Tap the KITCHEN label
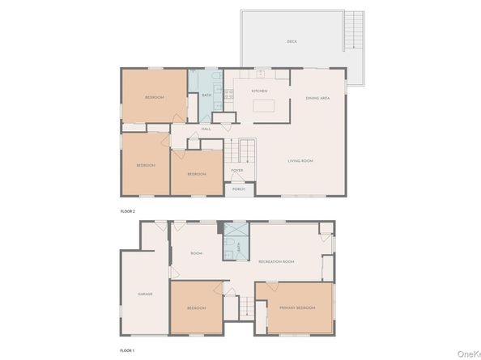tap(259, 91)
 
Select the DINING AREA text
tap(317, 98)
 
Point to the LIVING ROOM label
tap(300, 161)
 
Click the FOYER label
tap(237, 171)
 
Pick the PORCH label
tap(238, 188)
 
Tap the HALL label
tap(206, 129)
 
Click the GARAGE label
tap(145, 294)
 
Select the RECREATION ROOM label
tap(276, 261)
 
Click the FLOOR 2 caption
tap(128, 210)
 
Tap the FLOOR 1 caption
tap(128, 350)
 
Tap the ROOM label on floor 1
tap(196, 253)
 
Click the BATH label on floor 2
tap(206, 95)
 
